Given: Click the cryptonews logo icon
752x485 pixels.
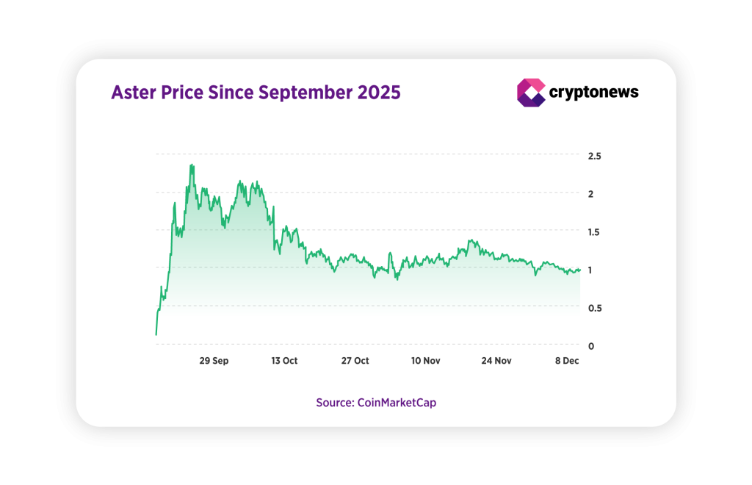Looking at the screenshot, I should click(x=530, y=93).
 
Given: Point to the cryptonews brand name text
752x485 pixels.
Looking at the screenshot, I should click(x=594, y=92).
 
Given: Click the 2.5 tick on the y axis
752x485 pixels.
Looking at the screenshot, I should click(x=595, y=157).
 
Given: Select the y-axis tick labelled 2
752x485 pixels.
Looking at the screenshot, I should click(x=590, y=194).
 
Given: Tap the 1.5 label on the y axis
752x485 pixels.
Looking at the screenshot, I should click(x=595, y=232).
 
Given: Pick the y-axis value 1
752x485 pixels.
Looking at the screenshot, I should click(x=590, y=270).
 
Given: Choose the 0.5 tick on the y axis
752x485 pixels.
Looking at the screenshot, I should click(x=595, y=308).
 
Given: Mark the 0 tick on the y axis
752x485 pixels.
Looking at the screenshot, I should click(x=590, y=345).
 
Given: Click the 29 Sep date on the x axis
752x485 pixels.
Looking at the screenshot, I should click(x=214, y=361).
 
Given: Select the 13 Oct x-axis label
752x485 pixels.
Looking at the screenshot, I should click(x=284, y=361).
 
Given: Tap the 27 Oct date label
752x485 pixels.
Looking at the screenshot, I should click(x=355, y=361).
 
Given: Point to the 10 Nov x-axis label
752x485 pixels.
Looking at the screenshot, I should click(x=425, y=361).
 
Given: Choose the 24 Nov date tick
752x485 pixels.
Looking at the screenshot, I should click(x=496, y=361).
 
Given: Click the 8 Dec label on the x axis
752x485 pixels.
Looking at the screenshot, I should click(x=566, y=361).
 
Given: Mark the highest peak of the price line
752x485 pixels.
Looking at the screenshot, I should click(x=192, y=165).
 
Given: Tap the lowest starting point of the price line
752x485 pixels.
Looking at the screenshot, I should click(x=156, y=335).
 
